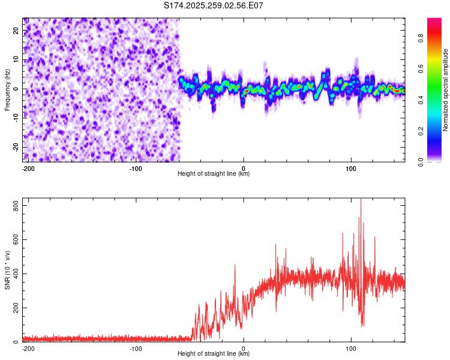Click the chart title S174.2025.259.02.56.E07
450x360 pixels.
(x=214, y=5)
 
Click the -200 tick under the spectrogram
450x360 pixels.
(x=28, y=168)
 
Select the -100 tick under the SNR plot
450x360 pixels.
(x=136, y=348)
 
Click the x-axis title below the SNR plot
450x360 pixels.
(x=214, y=354)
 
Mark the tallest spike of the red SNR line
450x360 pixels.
(x=361, y=200)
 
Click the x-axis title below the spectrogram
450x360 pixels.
(x=214, y=174)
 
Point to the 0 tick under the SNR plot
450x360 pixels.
(x=244, y=348)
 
